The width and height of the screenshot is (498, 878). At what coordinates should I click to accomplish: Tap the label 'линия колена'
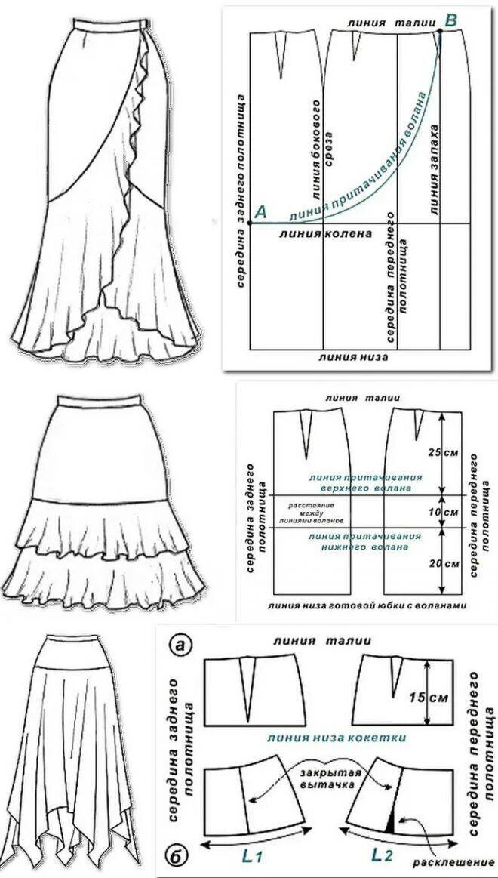coord(326,234)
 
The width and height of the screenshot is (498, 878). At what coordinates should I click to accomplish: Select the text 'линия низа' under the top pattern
coord(353,356)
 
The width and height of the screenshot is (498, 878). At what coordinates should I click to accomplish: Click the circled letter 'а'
coord(179,644)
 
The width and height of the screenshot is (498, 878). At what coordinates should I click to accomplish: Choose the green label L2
coord(383,854)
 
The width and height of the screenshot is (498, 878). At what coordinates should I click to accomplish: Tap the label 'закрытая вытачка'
coord(330,780)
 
